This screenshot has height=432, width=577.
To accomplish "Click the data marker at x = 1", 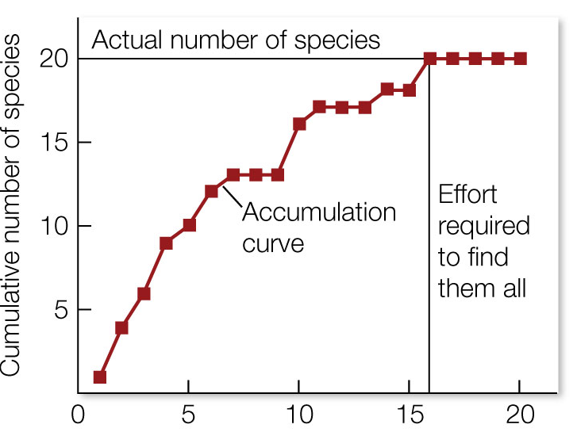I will click(x=100, y=377).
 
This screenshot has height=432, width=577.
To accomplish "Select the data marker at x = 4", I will click(x=166, y=243).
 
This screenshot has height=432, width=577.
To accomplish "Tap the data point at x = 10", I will click(x=299, y=124).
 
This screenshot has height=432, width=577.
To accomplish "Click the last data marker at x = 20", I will click(x=520, y=59).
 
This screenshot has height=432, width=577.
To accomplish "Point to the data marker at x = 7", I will click(x=233, y=174).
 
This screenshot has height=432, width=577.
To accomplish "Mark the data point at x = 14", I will click(x=387, y=90).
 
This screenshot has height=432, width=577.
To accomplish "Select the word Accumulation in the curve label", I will click(x=318, y=212).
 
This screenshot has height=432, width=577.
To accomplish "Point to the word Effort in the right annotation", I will click(x=467, y=195).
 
